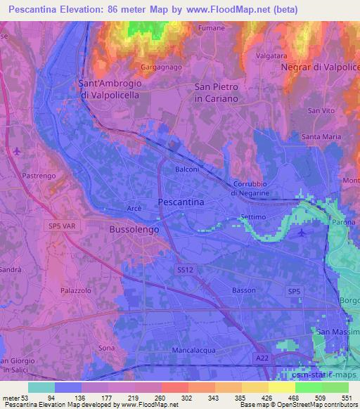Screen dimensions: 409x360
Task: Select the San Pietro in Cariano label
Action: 217,93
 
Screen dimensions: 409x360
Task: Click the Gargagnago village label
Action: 160,67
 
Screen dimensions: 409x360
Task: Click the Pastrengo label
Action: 36,171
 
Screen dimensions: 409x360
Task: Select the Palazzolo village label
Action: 75,289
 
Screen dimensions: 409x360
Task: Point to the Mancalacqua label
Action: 192,349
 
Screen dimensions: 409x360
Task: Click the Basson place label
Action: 243,290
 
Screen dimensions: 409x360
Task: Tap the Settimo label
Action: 252,216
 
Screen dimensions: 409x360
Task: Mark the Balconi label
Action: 187,169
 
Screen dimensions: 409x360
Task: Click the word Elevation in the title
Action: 82,10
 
